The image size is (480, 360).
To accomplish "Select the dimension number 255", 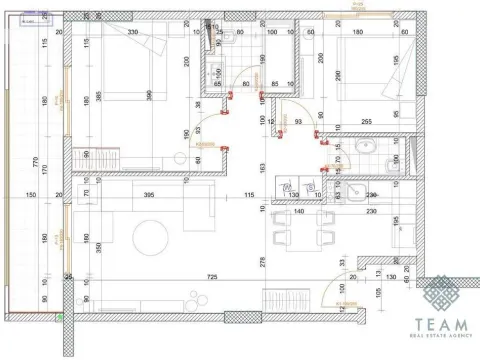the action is (x=367, y=122).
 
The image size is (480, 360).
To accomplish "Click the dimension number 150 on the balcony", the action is (x=31, y=195).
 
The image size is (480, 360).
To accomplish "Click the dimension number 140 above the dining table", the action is (x=297, y=212).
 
